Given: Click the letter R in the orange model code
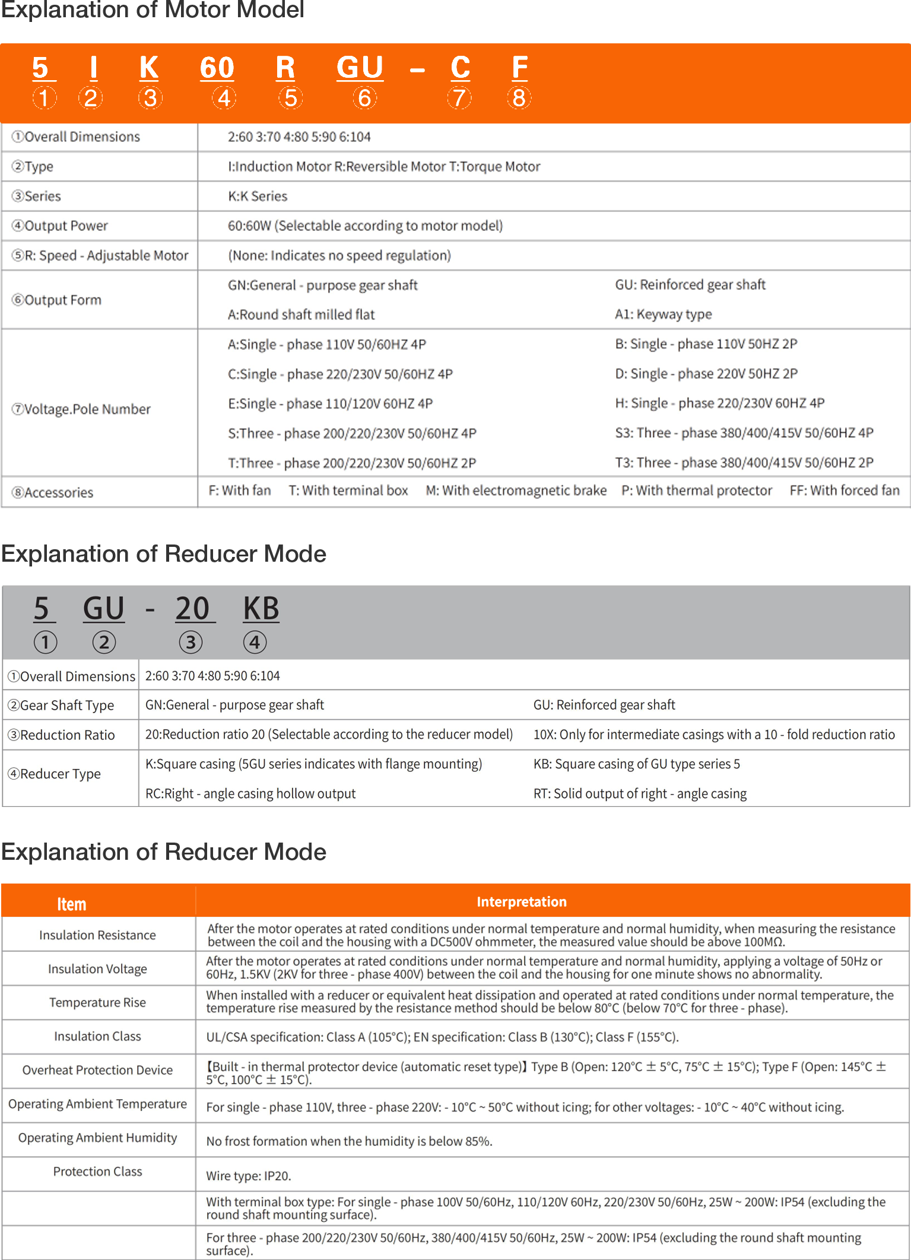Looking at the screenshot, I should coord(285,68).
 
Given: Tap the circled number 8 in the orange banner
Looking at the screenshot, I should coord(519,98).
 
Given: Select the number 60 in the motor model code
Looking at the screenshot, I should coord(217,68).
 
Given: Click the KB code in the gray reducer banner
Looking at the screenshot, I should coord(261,609).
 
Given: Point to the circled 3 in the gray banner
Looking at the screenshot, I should coord(191,642).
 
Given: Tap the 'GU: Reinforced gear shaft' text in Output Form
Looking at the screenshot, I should coord(690,285).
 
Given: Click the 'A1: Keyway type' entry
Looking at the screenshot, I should coord(664,314).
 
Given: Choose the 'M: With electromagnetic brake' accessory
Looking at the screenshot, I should coord(516,490).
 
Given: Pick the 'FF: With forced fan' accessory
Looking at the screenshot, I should coord(845,490).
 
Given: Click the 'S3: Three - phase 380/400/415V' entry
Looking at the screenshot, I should coord(744,433).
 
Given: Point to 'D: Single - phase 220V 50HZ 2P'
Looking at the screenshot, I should coord(706,373).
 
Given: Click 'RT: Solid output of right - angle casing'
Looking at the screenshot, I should coord(640,793).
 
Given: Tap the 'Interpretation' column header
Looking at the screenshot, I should coord(522,902).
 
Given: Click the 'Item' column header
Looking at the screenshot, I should coord(72,904).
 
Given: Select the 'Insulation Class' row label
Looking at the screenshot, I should coord(98,1036).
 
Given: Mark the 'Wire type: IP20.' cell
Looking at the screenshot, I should coord(249,1176).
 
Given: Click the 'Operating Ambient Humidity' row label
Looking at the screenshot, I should coord(98,1138).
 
